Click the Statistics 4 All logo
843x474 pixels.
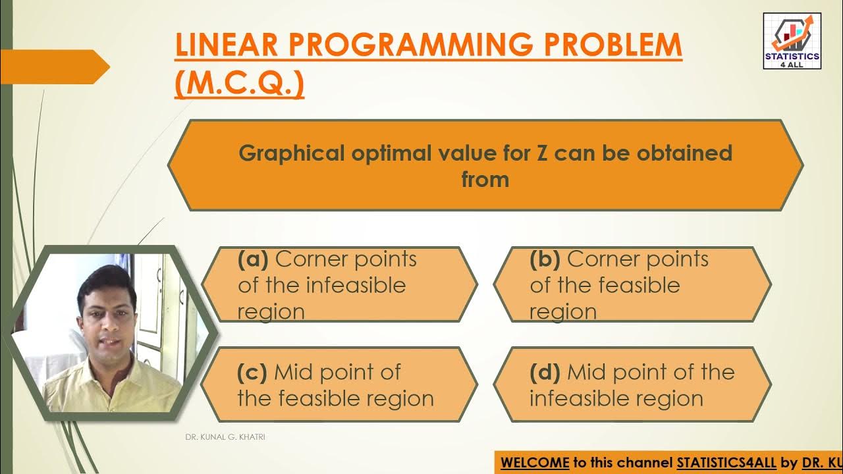(x=792, y=41)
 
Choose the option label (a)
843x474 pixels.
(x=253, y=259)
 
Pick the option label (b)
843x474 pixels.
(x=545, y=259)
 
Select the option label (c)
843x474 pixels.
(x=252, y=373)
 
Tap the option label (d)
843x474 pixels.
(x=545, y=373)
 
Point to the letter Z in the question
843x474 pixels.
(x=539, y=153)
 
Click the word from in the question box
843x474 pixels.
(x=485, y=180)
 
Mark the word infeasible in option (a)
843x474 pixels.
(x=356, y=286)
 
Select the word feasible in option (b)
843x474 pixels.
(x=637, y=286)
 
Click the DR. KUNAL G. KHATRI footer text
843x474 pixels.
(x=225, y=437)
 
